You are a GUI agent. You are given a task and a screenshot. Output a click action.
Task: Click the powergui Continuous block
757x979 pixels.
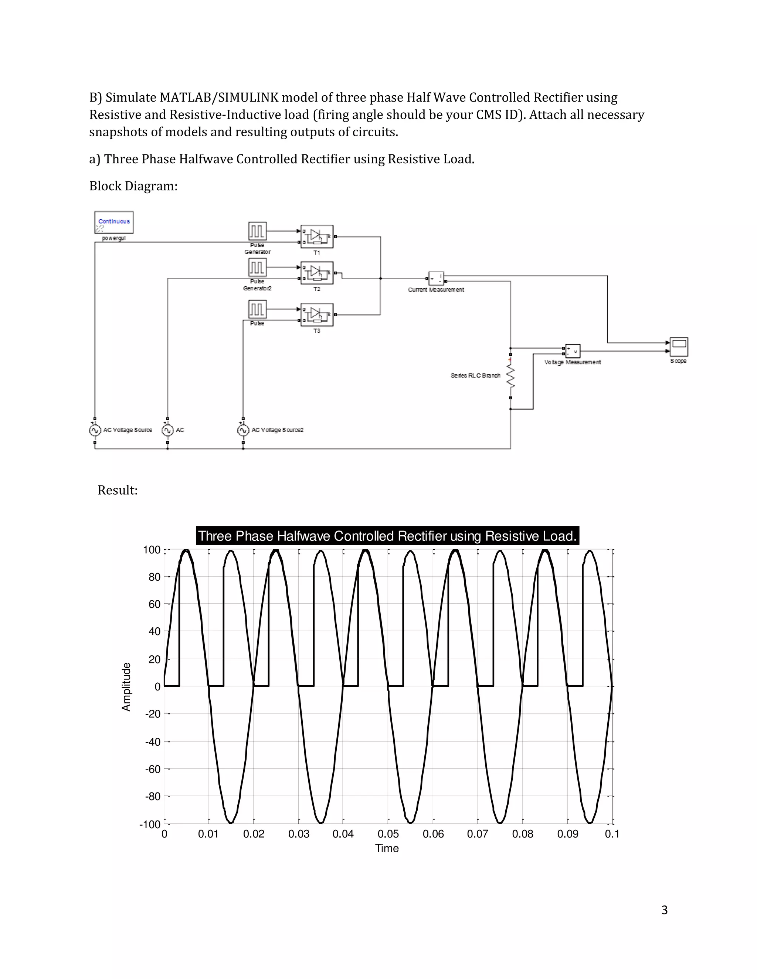[114, 222]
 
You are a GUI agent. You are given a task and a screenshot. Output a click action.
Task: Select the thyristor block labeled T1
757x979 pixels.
[317, 236]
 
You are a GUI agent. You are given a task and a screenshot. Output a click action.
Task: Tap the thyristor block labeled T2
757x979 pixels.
[317, 273]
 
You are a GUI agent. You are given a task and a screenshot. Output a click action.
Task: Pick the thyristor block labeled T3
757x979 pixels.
[317, 315]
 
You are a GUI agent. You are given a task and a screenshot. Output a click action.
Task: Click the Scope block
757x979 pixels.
[679, 347]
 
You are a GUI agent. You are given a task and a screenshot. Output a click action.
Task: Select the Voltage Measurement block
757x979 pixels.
[573, 351]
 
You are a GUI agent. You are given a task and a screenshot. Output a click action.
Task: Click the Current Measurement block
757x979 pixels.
[436, 279]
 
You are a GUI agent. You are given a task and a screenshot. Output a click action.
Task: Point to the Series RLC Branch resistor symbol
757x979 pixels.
[510, 376]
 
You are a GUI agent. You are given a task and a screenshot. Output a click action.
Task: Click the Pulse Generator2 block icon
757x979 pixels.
[257, 268]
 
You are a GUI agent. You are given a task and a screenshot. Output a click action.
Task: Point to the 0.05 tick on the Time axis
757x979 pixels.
[388, 834]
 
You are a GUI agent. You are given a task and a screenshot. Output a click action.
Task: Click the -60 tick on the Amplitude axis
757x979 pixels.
[153, 769]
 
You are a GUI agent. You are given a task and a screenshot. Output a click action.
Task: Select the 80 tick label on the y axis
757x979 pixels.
[154, 577]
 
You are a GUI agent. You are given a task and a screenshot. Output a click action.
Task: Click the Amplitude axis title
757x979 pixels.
[126, 686]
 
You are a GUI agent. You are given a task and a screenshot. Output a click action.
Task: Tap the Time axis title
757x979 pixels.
[387, 848]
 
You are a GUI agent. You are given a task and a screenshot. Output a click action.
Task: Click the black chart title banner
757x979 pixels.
[387, 536]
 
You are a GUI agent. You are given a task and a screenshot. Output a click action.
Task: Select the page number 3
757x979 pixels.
[664, 910]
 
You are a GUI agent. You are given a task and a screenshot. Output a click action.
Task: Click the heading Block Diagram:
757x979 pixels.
[133, 186]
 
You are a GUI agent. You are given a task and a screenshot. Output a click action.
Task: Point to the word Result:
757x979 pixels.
[118, 490]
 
